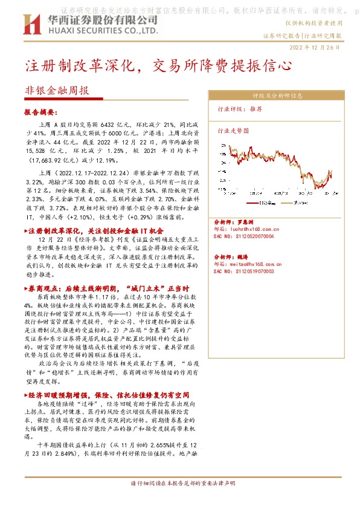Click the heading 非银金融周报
pos(57,90)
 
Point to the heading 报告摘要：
pos(40,112)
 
